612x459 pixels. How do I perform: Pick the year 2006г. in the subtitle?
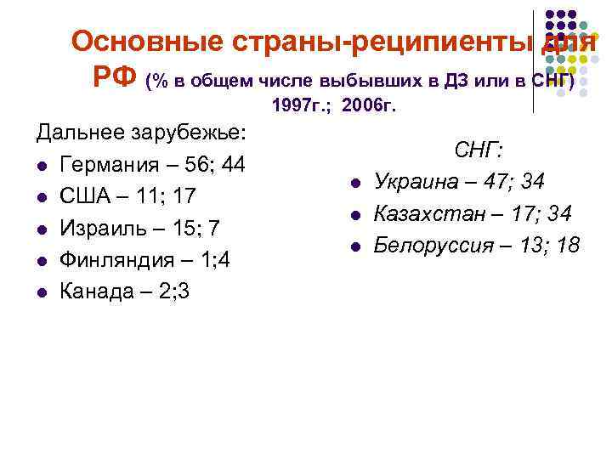[366, 107]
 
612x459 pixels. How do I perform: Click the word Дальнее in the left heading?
[79, 133]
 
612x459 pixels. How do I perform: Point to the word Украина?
[416, 182]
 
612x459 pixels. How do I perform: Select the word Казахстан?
[428, 213]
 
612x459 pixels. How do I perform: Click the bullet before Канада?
[41, 292]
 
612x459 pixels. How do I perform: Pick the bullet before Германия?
[41, 166]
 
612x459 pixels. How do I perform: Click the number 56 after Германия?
[198, 165]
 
